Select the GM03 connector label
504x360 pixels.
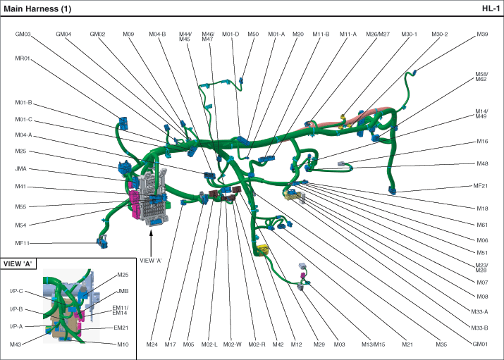pyautogui.click(x=23, y=35)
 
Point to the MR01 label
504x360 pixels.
pyautogui.click(x=23, y=59)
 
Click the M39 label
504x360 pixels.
pyautogui.click(x=482, y=35)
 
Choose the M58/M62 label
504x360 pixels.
pyautogui.click(x=481, y=77)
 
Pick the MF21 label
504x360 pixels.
pyautogui.click(x=481, y=186)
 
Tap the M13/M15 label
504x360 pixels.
pyautogui.click(x=374, y=345)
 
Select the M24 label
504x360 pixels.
pyautogui.click(x=152, y=345)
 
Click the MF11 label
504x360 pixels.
pyautogui.click(x=23, y=243)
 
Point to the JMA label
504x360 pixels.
pyautogui.click(x=21, y=169)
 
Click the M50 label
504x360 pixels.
pyautogui.click(x=253, y=35)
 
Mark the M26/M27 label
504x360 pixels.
pyautogui.click(x=377, y=35)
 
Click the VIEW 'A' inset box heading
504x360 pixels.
pyautogui.click(x=20, y=263)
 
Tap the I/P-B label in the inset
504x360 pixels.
pyautogui.click(x=17, y=309)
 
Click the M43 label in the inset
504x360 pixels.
pyautogui.click(x=16, y=345)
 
